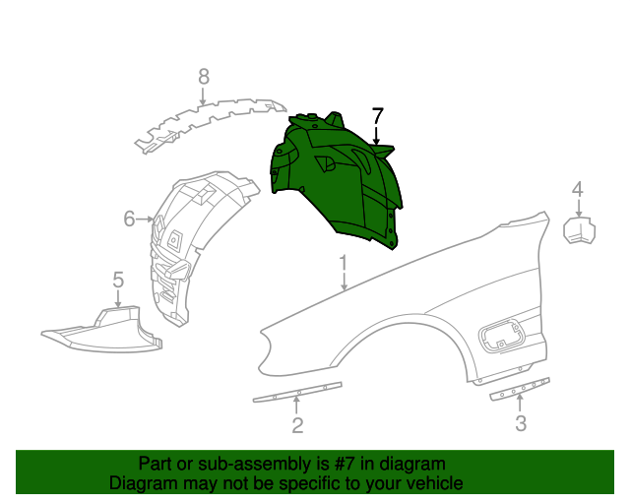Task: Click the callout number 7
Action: (377, 116)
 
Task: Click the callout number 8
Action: (204, 76)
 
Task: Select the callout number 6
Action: (130, 219)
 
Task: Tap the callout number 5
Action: (118, 281)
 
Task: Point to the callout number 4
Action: (578, 189)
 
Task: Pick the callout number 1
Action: (344, 264)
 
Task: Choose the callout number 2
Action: (296, 425)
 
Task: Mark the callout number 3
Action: (521, 424)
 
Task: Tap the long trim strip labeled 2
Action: (297, 393)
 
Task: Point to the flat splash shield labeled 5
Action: (98, 332)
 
